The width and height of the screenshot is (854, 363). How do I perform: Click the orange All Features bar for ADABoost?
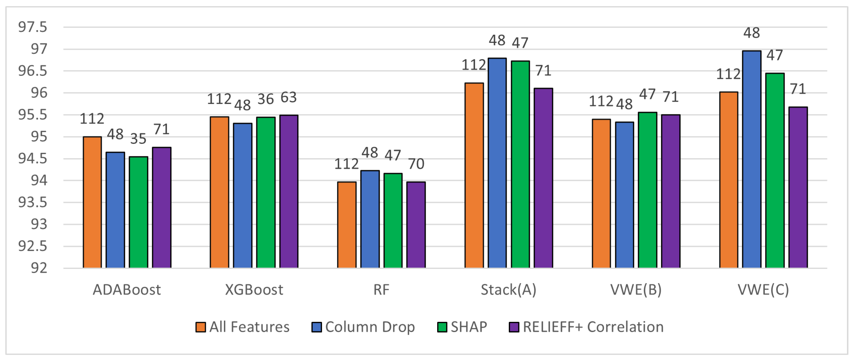pyautogui.click(x=92, y=202)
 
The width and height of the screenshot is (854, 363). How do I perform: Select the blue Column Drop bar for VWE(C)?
pyautogui.click(x=752, y=159)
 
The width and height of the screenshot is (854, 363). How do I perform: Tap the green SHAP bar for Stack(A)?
pyautogui.click(x=520, y=164)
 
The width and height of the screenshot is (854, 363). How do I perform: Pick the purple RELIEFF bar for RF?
pyautogui.click(x=416, y=225)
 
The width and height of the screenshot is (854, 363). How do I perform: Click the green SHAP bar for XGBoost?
pyautogui.click(x=265, y=193)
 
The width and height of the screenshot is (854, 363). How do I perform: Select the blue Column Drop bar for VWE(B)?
pyautogui.click(x=624, y=195)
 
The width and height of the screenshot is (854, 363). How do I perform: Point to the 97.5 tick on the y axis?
pyautogui.click(x=32, y=27)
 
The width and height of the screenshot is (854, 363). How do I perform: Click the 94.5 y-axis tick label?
pyautogui.click(x=32, y=159)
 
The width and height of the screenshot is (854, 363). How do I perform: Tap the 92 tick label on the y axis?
pyautogui.click(x=39, y=268)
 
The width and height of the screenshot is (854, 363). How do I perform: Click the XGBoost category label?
pyautogui.click(x=254, y=290)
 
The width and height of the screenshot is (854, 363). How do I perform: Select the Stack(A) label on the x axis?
pyautogui.click(x=509, y=290)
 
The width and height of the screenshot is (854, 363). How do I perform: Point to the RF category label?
pyautogui.click(x=381, y=290)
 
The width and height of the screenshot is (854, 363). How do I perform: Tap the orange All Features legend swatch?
pyautogui.click(x=200, y=327)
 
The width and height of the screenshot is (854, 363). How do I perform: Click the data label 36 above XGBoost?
pyautogui.click(x=265, y=99)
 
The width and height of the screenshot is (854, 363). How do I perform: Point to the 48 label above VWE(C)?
pyautogui.click(x=752, y=33)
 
